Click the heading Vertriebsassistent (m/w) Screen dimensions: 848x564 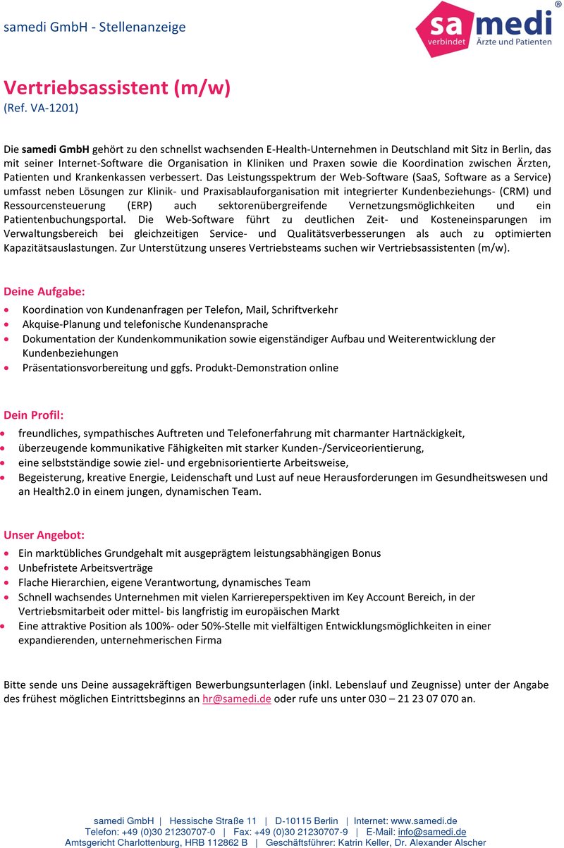tap(117, 88)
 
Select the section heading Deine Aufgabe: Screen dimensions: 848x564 tap(44, 291)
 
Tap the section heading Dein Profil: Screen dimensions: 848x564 tap(34, 415)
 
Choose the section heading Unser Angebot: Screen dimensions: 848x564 tap(44, 535)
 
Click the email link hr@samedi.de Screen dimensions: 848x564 tap(236, 699)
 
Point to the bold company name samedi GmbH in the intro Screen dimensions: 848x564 tap(55, 149)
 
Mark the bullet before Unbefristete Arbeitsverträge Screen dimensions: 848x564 tap(7, 568)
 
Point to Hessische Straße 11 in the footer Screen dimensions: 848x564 tap(213, 821)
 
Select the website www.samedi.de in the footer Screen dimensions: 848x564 tap(424, 821)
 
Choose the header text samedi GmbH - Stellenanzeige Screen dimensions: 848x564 tap(94, 27)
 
